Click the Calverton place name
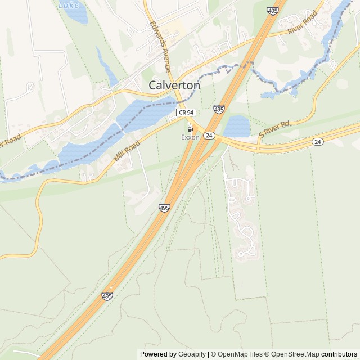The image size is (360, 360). (174, 85)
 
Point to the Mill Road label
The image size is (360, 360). (126, 150)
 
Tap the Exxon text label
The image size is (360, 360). (190, 137)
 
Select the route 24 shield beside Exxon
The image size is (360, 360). (209, 136)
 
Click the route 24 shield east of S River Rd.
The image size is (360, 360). (318, 142)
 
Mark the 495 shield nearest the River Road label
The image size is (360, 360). (273, 11)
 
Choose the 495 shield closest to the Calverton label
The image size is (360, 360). (219, 109)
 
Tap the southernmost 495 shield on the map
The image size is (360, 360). (107, 295)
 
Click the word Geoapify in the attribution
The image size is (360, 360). (191, 354)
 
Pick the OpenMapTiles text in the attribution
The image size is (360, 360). (240, 354)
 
